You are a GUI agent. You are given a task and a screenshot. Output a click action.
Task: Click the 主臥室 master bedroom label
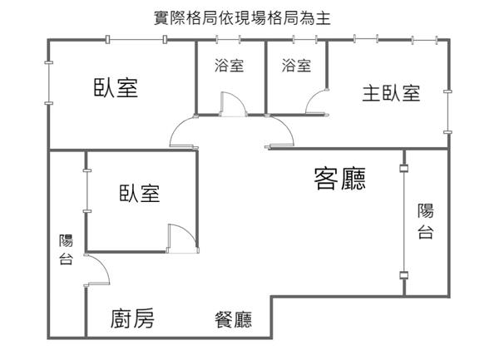click(x=391, y=93)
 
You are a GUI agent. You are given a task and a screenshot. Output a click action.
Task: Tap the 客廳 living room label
click(x=340, y=179)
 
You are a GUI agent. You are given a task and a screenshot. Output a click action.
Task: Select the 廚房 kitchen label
click(x=132, y=318)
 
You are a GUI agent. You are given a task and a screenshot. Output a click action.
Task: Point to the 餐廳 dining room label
click(x=233, y=319)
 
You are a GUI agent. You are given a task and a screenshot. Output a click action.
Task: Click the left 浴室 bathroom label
click(x=230, y=66)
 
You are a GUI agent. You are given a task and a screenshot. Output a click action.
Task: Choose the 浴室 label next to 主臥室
click(x=296, y=66)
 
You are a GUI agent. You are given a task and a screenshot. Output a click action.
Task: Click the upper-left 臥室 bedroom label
click(x=116, y=87)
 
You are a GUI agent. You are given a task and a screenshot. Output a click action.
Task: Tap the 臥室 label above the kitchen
click(x=140, y=193)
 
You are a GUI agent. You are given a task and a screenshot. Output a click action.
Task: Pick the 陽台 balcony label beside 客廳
click(x=426, y=221)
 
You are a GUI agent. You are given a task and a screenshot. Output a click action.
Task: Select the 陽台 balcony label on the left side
click(x=67, y=249)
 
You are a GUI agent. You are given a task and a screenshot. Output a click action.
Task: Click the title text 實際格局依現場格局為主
click(x=242, y=17)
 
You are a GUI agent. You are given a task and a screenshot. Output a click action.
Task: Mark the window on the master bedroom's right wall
click(x=447, y=112)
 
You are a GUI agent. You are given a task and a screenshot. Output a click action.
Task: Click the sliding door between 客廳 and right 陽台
click(x=404, y=221)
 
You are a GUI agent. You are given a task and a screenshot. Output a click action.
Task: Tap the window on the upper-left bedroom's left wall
click(x=49, y=83)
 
